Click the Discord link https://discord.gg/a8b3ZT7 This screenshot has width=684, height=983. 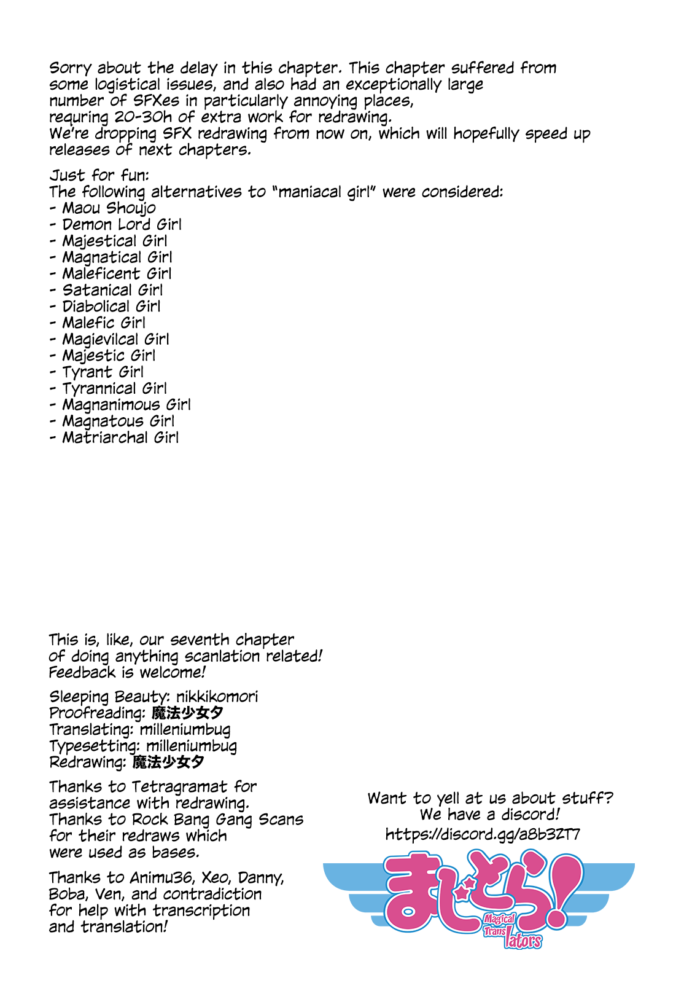[483, 834]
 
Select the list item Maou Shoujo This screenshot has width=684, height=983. [109, 208]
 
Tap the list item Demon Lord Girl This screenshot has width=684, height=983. [122, 225]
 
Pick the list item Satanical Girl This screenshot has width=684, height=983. [112, 290]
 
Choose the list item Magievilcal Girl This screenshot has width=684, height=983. [115, 339]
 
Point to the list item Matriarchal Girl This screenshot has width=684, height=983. [120, 437]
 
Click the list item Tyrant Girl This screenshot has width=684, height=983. [103, 372]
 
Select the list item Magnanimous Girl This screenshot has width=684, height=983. [126, 405]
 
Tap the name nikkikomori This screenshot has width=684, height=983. [217, 697]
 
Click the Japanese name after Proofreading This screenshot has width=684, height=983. [187, 713]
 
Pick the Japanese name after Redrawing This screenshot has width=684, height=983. [168, 762]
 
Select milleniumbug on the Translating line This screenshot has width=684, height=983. [185, 730]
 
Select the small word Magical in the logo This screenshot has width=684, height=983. [499, 920]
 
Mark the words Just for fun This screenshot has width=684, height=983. [99, 176]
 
